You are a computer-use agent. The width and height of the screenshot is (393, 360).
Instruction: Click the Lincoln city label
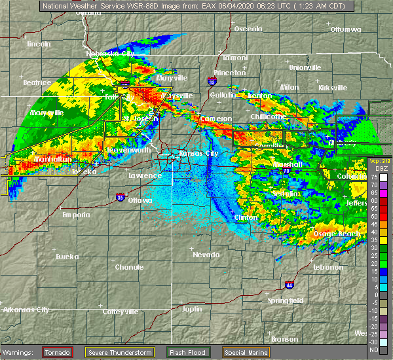tap(39, 44)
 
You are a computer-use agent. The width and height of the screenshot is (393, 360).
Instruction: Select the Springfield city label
tap(285, 300)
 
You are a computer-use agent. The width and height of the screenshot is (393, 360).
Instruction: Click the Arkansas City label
tap(26, 310)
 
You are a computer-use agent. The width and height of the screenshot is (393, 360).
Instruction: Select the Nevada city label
tap(207, 254)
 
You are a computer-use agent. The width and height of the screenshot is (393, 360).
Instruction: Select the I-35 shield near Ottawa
tap(119, 196)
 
